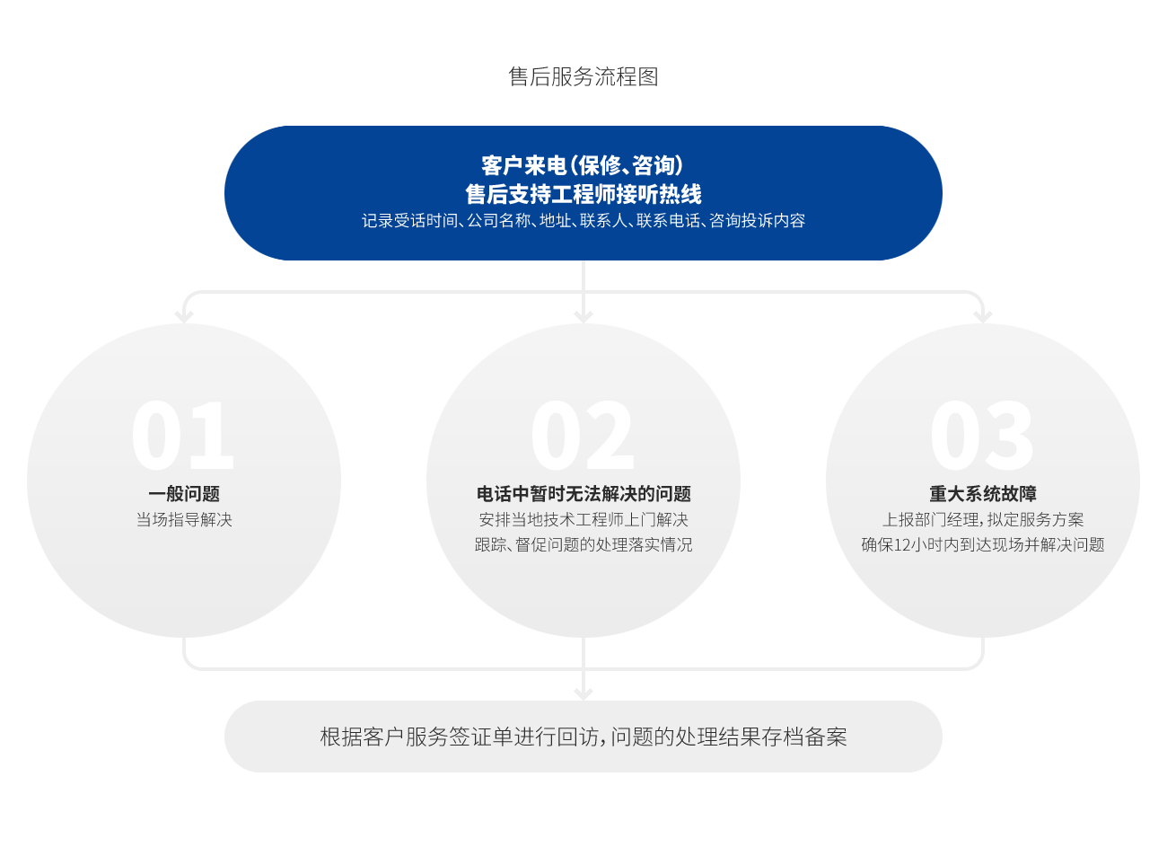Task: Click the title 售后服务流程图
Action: tap(583, 76)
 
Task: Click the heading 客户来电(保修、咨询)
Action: tap(583, 166)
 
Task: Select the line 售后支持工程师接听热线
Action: tap(583, 194)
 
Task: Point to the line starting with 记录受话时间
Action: tap(583, 221)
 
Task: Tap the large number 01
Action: tap(182, 436)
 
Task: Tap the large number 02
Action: tap(583, 436)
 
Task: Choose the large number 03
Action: tap(982, 436)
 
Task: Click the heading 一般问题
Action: tap(184, 493)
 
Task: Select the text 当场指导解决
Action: tap(184, 519)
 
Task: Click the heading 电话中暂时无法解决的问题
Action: tap(583, 493)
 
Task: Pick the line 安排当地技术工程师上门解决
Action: tap(583, 519)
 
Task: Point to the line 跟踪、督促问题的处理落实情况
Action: tap(583, 545)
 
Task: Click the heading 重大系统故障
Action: tap(983, 493)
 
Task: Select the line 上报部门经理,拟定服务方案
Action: tap(983, 519)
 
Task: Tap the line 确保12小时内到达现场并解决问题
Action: tap(983, 545)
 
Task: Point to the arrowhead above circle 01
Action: tap(184, 316)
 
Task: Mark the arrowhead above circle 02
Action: tap(583, 316)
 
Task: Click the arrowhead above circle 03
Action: tap(983, 316)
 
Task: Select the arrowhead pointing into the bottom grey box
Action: tap(583, 693)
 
